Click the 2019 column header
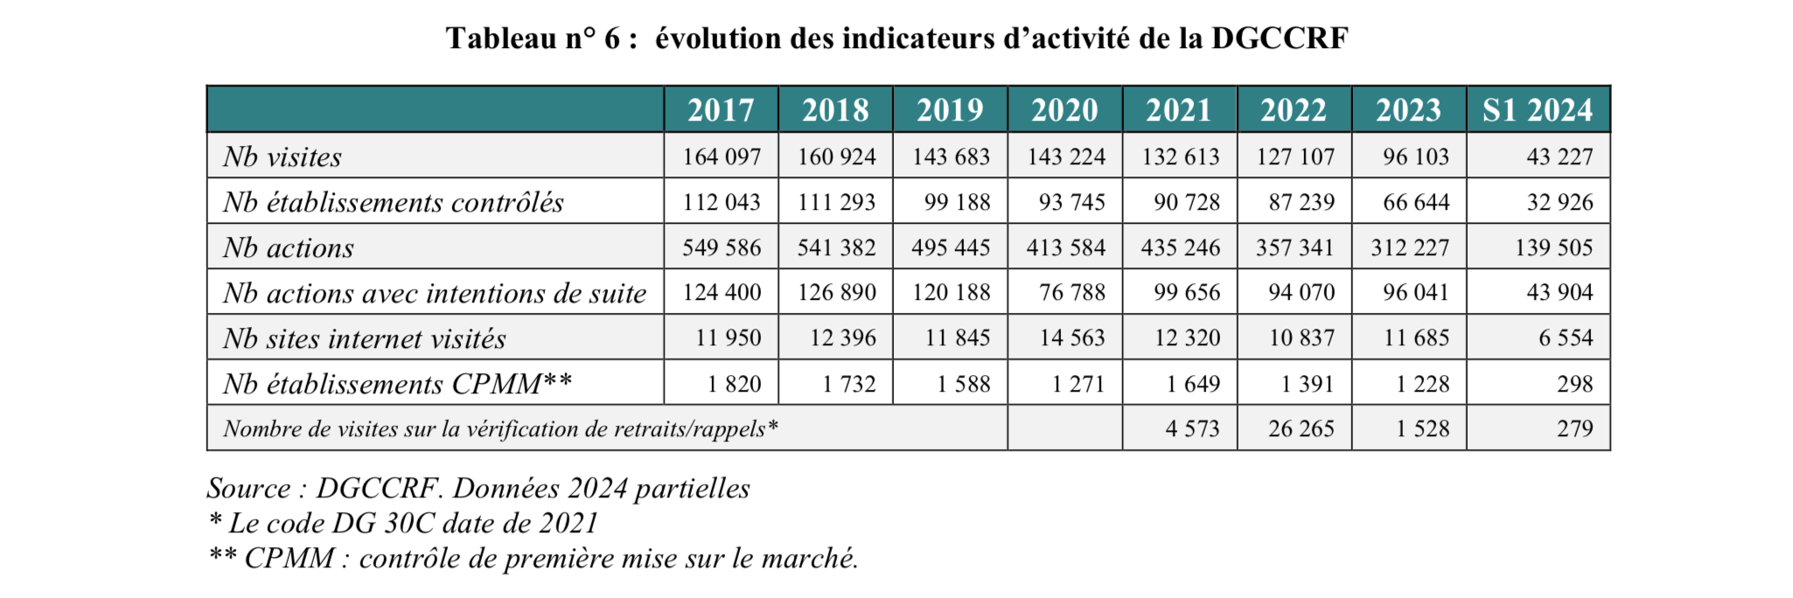coord(950,110)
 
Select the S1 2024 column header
coord(1538,110)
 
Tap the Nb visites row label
coord(283,156)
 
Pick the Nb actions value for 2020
coord(1065,247)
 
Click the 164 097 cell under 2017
coord(722,156)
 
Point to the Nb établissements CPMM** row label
coord(398,384)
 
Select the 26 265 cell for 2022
coord(1301,428)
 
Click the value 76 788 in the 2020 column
coord(1071,292)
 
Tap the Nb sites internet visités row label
coord(365,338)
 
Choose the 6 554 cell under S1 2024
coord(1566,337)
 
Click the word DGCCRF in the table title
coord(1280,38)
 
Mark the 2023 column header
coord(1408,110)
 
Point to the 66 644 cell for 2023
coord(1416,202)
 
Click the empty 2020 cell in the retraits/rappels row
coord(1064,428)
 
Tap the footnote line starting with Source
coord(478,488)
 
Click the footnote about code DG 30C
coord(403,523)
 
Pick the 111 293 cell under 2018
coord(836,202)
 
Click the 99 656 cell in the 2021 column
coord(1187,292)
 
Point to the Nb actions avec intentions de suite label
coord(435,293)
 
